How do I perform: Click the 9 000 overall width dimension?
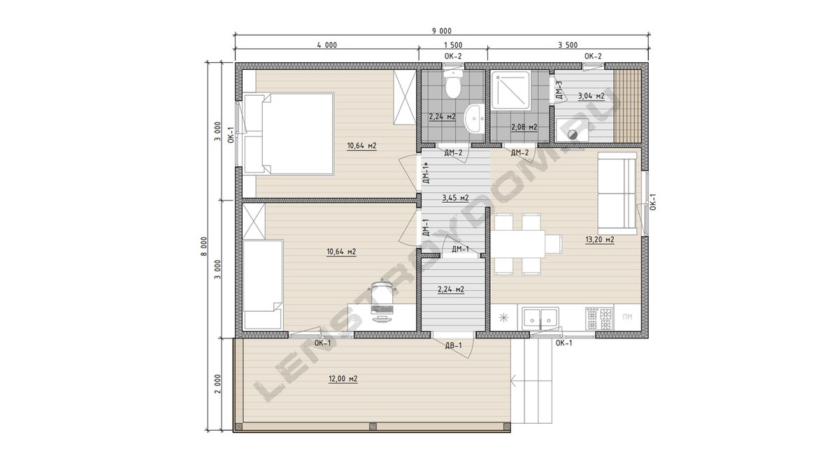click(442, 31)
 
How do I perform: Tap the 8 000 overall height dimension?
click(203, 246)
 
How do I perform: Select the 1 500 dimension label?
click(453, 45)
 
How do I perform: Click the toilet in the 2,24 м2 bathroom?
click(453, 84)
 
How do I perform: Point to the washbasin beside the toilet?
click(474, 118)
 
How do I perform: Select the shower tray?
click(510, 90)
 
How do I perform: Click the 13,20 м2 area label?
click(600, 239)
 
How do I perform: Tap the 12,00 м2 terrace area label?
click(343, 379)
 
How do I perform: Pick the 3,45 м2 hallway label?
click(455, 198)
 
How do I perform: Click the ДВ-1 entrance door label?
click(454, 345)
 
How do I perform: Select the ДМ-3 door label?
click(559, 90)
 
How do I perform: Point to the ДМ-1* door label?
click(426, 173)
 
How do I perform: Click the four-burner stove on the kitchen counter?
click(599, 319)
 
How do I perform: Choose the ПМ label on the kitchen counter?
click(627, 317)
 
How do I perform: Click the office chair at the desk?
click(382, 294)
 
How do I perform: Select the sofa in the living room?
click(617, 193)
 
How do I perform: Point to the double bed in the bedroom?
click(288, 134)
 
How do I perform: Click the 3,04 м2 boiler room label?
click(591, 96)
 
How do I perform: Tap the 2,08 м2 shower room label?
click(524, 127)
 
